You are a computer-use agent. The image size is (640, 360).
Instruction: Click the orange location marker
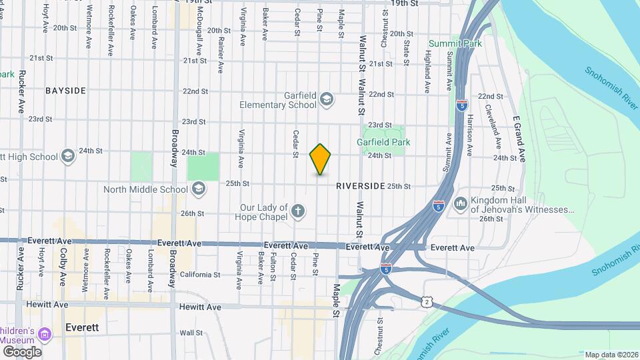pyautogui.click(x=320, y=159)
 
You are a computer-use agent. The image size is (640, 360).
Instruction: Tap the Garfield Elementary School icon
pyautogui.click(x=326, y=100)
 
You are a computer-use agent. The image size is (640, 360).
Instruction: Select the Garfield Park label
pyautogui.click(x=383, y=142)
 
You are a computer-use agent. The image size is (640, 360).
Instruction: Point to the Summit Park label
pyautogui.click(x=455, y=43)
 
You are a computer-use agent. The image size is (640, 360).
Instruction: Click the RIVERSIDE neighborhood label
pyautogui.click(x=361, y=186)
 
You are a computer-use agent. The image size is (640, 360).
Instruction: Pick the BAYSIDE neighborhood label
pyautogui.click(x=66, y=90)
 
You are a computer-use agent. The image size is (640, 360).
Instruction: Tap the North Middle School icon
pyautogui.click(x=197, y=189)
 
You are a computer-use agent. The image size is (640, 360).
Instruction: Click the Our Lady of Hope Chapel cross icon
pyautogui.click(x=298, y=212)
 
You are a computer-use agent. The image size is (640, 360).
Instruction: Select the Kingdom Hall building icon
pyautogui.click(x=460, y=203)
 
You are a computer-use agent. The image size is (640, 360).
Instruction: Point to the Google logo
pyautogui.click(x=21, y=351)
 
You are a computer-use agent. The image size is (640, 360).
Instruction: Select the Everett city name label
pyautogui.click(x=83, y=328)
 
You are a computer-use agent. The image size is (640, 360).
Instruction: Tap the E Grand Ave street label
pyautogui.click(x=519, y=139)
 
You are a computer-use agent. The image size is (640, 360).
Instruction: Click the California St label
pyautogui.click(x=199, y=274)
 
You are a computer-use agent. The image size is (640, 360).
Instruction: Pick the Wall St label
pyautogui.click(x=191, y=332)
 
